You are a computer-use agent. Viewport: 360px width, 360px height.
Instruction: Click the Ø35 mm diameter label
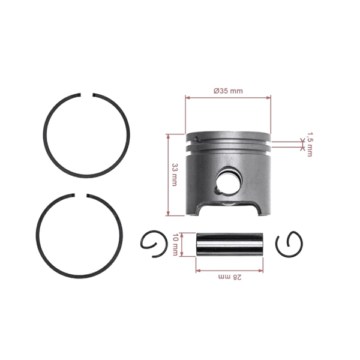coord(228,91)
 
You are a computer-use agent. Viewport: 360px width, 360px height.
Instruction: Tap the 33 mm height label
coord(175,174)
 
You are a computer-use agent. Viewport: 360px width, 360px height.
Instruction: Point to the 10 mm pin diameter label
coord(175,245)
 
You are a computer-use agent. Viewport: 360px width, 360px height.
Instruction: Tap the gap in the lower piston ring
coord(83,196)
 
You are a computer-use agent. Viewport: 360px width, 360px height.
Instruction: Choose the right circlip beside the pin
coord(290,244)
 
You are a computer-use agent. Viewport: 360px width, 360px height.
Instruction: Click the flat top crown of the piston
coord(228,134)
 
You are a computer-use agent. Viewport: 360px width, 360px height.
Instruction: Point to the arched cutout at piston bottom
coord(229,208)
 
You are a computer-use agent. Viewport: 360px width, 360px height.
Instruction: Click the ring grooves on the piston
coord(229,146)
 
